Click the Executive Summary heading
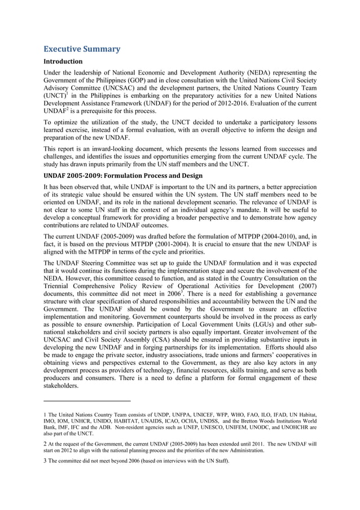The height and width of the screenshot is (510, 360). point(82,49)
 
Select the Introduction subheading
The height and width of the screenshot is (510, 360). point(63,61)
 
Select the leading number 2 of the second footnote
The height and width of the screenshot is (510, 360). point(45,444)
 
